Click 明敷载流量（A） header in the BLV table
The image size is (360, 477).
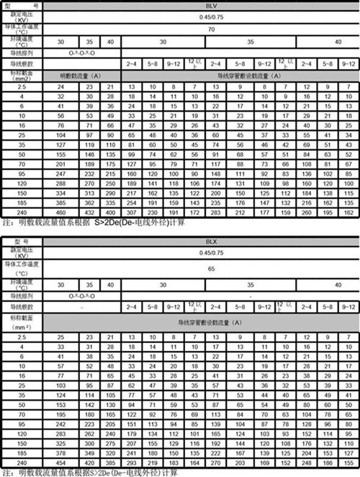click(80, 75)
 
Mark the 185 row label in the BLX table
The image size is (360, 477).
click(22, 453)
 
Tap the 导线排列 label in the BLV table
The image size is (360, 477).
click(22, 53)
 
